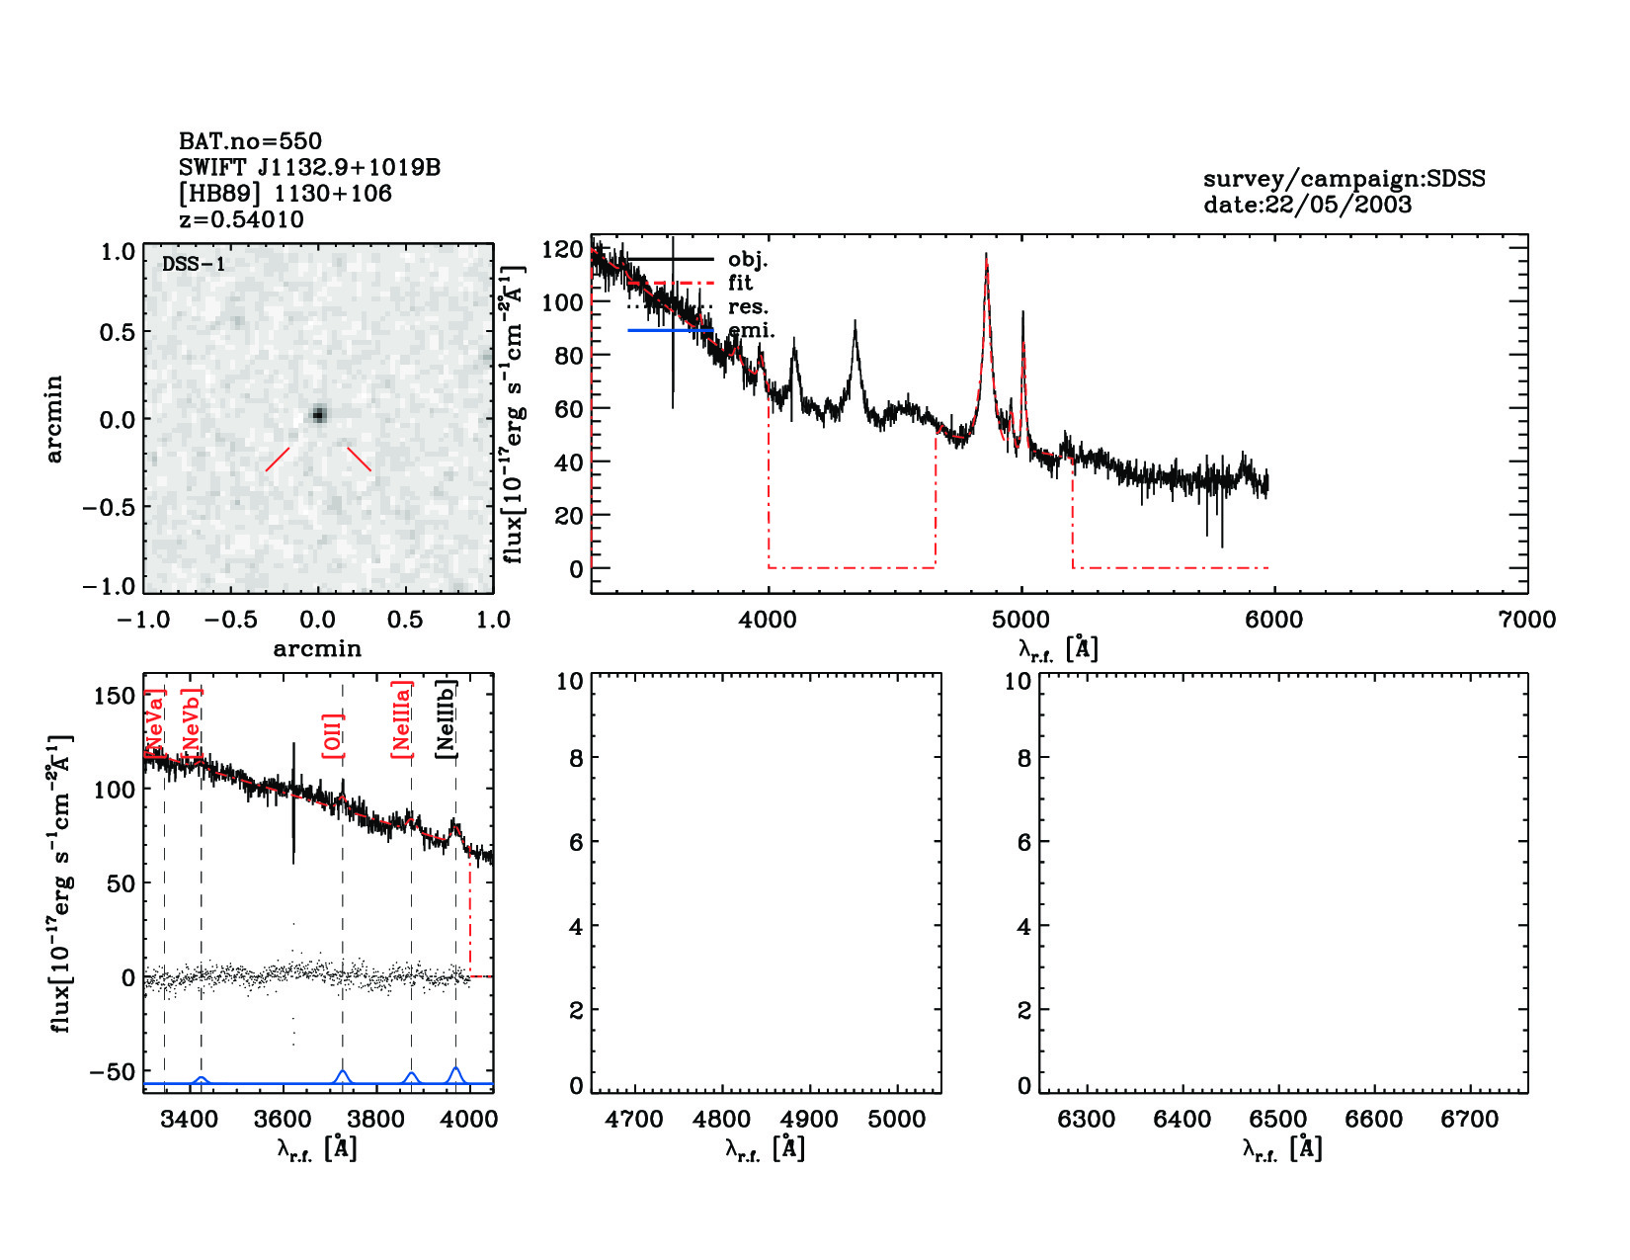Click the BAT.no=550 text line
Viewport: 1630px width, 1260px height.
click(250, 141)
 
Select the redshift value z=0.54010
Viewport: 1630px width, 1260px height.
click(241, 219)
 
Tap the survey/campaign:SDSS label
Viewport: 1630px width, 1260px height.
click(1344, 179)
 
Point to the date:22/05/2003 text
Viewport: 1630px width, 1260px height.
click(1307, 205)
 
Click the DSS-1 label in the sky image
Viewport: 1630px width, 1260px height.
click(194, 264)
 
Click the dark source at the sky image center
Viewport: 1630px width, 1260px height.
click(318, 414)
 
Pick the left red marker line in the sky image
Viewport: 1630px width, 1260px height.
click(278, 459)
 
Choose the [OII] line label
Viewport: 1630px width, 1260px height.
click(333, 735)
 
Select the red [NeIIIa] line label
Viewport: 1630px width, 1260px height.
click(401, 718)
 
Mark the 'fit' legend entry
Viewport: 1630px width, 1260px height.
click(740, 284)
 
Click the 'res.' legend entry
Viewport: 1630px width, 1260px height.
click(747, 307)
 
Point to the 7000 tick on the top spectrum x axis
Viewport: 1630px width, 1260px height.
click(1526, 620)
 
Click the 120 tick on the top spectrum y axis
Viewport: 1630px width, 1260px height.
click(562, 249)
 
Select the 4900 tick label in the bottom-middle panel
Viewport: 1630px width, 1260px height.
click(810, 1119)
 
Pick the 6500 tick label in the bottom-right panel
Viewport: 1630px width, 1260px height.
click(1278, 1119)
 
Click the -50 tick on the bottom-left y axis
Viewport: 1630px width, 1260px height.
click(113, 1072)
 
